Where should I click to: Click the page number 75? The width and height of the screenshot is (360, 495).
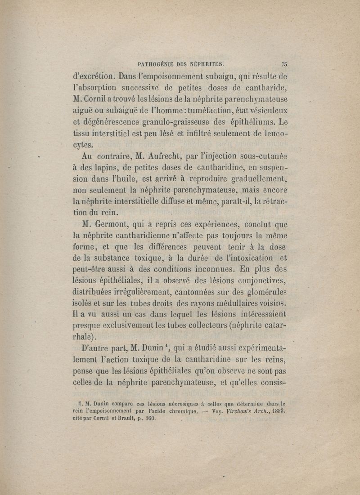tap(284, 63)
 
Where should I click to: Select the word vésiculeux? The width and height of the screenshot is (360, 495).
tap(265, 110)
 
